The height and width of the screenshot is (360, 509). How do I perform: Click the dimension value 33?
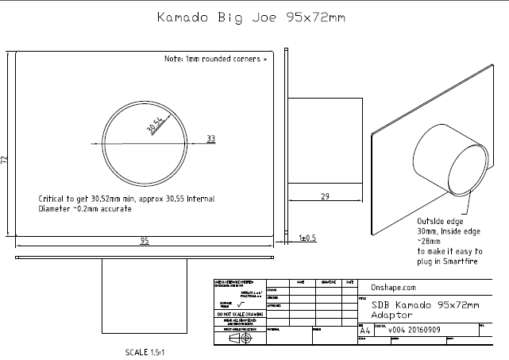pos(211,138)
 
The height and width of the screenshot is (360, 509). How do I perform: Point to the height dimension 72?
pos(5,160)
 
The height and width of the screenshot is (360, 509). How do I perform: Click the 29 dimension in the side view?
pos(326,196)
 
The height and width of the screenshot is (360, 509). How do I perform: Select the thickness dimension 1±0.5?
pos(307,238)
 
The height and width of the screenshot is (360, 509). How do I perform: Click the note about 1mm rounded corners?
pos(214,60)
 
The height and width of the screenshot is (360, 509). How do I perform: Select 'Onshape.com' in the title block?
pos(394,288)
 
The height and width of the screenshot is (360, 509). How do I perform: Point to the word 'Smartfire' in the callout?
pos(456,261)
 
